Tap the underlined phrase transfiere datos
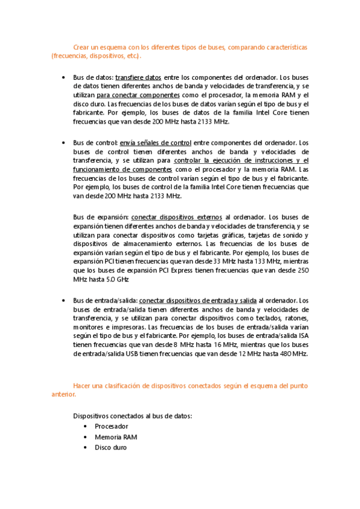[138, 77]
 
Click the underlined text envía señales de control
[155, 143]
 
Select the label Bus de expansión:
[100, 217]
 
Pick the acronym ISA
[303, 336]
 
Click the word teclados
[265, 318]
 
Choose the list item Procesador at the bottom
[111, 426]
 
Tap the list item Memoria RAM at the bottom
[116, 437]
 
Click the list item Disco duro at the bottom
[110, 448]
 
